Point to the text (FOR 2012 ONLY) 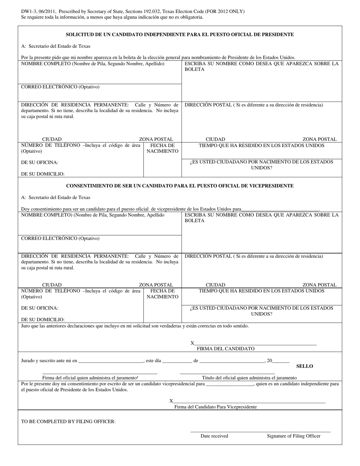(x=224, y=11)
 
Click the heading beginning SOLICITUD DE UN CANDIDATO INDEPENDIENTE (x=180, y=34)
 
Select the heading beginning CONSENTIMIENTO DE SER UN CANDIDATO (x=180, y=186)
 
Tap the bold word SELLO (x=304, y=366)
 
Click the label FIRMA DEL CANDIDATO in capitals (x=225, y=349)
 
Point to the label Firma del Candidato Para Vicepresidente (x=215, y=407)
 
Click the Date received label (x=214, y=436)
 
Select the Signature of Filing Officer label (x=293, y=436)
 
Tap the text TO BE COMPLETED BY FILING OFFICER (x=68, y=421)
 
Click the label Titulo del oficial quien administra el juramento (x=249, y=378)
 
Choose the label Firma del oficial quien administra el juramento (x=90, y=378)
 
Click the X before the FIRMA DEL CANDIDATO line (x=192, y=343)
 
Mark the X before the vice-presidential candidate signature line (x=171, y=401)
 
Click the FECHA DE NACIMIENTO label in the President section (x=162, y=148)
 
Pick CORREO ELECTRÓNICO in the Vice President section (x=60, y=239)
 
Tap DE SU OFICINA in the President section (x=40, y=163)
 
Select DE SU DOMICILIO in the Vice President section (x=43, y=320)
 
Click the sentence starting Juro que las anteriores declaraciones (x=135, y=326)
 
